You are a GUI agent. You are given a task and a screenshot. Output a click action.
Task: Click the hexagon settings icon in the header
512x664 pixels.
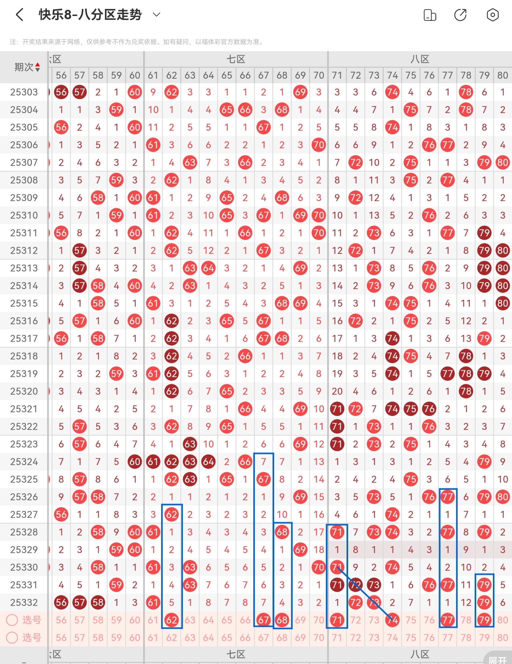click(x=492, y=15)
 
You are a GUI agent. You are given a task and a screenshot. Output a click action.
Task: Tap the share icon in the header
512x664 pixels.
click(x=460, y=15)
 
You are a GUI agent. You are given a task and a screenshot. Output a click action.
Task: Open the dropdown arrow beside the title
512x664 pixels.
click(x=156, y=14)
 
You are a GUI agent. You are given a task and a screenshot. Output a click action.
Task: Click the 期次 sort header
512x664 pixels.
click(x=27, y=67)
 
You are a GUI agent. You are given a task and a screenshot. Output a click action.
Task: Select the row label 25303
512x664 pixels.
click(x=24, y=92)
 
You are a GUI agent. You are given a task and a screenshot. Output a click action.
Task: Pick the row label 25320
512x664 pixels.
click(x=24, y=391)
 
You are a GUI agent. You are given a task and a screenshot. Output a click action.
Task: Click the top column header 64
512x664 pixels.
click(x=208, y=75)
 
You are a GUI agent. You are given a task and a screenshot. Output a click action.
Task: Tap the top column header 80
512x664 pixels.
click(x=503, y=75)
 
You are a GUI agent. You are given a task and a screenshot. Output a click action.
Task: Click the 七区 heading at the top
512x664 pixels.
click(x=236, y=59)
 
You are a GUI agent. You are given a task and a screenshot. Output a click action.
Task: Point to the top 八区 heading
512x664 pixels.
click(x=420, y=59)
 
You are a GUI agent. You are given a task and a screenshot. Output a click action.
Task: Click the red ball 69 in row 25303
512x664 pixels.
click(x=300, y=92)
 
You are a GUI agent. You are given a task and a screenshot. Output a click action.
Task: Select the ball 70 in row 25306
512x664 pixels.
click(x=319, y=145)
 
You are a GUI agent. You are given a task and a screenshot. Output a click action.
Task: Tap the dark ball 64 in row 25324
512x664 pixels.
click(x=208, y=462)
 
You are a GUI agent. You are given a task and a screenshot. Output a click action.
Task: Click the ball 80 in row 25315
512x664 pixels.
click(x=503, y=303)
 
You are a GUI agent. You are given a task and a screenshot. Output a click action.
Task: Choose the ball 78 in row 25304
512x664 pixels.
click(x=466, y=110)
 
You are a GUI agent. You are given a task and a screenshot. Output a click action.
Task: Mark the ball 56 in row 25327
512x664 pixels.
click(x=61, y=515)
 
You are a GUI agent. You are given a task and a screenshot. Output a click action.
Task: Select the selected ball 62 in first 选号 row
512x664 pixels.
click(x=172, y=620)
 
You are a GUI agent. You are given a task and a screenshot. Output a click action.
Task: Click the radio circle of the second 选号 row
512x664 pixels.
click(x=12, y=637)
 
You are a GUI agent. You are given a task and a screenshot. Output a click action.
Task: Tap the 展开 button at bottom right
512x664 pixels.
click(x=498, y=659)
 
